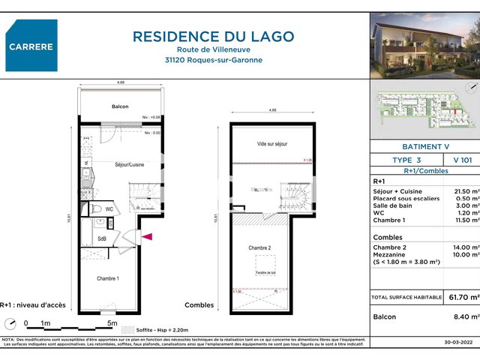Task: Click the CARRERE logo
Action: (31, 46)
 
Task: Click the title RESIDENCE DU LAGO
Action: (214, 36)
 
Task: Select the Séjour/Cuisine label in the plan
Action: (129, 164)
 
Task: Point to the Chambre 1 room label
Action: (108, 278)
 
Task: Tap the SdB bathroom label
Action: (102, 239)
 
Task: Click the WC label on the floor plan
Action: (109, 210)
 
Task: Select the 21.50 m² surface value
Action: (465, 192)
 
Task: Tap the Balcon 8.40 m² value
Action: (465, 317)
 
